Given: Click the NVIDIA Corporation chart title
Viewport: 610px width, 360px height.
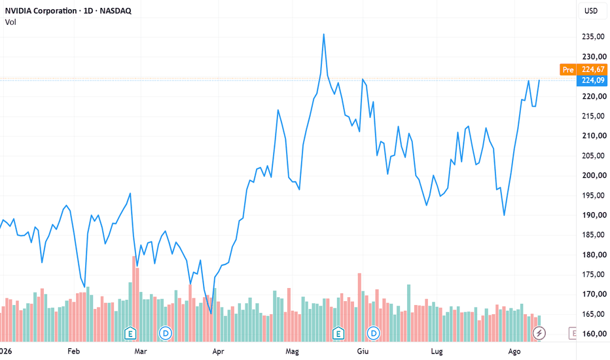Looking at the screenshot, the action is coord(68,10).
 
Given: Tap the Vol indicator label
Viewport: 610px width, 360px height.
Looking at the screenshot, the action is coord(10,22).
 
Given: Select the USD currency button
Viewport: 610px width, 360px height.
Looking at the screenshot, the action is coord(591,10).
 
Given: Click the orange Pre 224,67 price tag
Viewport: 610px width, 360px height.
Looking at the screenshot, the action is coord(583,69).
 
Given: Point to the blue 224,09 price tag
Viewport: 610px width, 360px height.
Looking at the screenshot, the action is coord(592,80).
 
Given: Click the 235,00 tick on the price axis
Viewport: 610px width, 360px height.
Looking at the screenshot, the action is coord(593,37).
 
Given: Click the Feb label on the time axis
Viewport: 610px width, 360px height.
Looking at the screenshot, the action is coord(73,351).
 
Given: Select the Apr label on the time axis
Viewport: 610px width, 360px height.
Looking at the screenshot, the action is coord(218,351).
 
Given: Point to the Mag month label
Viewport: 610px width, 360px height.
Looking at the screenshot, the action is coord(292,351).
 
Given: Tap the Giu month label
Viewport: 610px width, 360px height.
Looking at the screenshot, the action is coord(363,351).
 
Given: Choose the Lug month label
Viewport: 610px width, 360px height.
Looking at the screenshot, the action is coord(437,351).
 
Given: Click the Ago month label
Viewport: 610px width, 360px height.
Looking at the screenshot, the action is coord(514,351).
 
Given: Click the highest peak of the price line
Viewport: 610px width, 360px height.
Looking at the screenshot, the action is coord(324,34).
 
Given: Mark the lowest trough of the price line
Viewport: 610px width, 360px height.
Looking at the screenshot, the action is coord(211,314).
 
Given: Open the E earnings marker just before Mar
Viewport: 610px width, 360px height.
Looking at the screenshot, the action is coord(130,334).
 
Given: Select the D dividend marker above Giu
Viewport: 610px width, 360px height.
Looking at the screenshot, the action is coord(374,333).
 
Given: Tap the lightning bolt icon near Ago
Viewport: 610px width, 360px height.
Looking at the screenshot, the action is coord(539,333).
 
